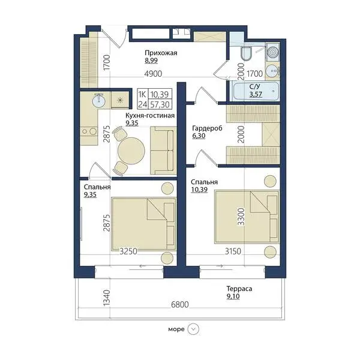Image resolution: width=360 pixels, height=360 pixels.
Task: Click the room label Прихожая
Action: coord(161,53)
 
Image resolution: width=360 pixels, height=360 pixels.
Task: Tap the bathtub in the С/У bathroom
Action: coord(256,91)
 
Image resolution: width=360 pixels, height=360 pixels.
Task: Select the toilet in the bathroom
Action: coord(247,53)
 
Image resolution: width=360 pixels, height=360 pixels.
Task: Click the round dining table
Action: coord(131,151)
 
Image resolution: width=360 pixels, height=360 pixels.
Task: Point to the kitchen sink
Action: coord(99,100)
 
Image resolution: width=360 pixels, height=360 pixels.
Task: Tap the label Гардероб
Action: coord(207,128)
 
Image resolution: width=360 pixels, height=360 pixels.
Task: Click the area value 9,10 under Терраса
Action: coord(233,296)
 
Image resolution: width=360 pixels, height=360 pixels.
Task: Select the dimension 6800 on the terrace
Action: coord(180,305)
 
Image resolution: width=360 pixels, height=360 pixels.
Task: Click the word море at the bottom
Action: coord(176,329)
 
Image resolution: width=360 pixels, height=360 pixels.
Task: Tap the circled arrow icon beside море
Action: coord(193,329)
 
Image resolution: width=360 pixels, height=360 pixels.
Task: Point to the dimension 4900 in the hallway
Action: coord(153,74)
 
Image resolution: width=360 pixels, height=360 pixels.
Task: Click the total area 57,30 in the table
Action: coord(160,104)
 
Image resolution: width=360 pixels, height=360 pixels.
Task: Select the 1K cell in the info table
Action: coord(142,94)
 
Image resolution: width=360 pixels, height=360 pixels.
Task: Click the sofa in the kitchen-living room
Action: coord(163,151)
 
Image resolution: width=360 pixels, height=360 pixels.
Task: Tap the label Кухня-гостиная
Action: coord(150,115)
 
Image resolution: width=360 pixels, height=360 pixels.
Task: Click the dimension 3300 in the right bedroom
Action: coord(241,217)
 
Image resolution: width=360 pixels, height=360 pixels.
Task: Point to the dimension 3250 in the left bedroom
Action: coord(128,251)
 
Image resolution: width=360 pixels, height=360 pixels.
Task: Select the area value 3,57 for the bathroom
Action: coord(256,94)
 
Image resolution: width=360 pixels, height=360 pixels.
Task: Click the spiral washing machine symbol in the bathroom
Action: coord(273,52)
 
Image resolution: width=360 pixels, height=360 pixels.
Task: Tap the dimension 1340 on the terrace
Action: coord(107,298)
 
